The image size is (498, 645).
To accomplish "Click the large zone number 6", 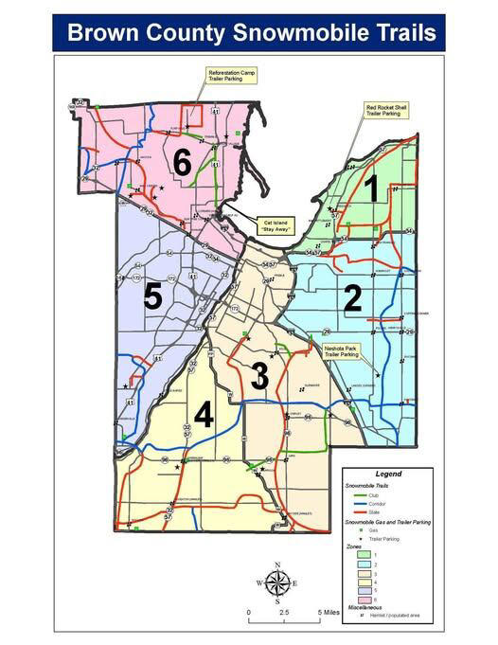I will click(183, 163).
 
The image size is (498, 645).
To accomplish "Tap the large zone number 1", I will click(372, 189).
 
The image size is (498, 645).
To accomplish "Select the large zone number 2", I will click(352, 299).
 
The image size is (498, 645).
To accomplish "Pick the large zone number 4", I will click(204, 415).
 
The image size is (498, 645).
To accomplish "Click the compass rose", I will click(276, 583).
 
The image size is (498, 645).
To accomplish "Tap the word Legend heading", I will click(388, 474).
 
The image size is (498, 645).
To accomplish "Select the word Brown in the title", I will click(98, 34).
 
